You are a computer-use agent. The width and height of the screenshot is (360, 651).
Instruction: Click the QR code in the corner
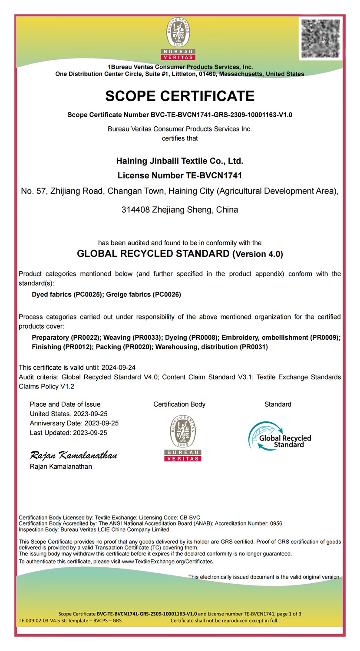[x=320, y=38]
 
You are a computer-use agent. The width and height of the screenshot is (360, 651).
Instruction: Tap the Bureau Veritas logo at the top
[x=178, y=38]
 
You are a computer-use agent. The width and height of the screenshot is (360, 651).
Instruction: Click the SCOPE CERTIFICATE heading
[x=180, y=96]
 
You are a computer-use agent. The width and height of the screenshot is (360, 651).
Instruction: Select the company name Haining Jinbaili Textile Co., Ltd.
[x=180, y=161]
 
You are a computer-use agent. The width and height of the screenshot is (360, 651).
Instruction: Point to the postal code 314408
[x=135, y=210]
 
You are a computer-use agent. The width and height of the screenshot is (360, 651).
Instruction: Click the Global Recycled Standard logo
[x=280, y=436]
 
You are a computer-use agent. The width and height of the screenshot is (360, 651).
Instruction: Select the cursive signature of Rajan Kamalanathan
[x=73, y=455]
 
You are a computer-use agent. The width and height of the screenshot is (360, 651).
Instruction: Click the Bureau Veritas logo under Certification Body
[x=183, y=438]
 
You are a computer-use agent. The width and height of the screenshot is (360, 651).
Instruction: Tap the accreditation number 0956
[x=276, y=523]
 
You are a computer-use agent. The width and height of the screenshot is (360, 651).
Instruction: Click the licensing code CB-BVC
[x=190, y=517]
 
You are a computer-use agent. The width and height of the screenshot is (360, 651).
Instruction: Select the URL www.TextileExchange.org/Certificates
[x=168, y=562]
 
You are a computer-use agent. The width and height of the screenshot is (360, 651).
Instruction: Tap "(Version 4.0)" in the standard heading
[x=258, y=254]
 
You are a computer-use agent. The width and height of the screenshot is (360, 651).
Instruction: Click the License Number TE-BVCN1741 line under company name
[x=180, y=176]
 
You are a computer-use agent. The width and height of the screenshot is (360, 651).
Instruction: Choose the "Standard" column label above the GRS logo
[x=278, y=404]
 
